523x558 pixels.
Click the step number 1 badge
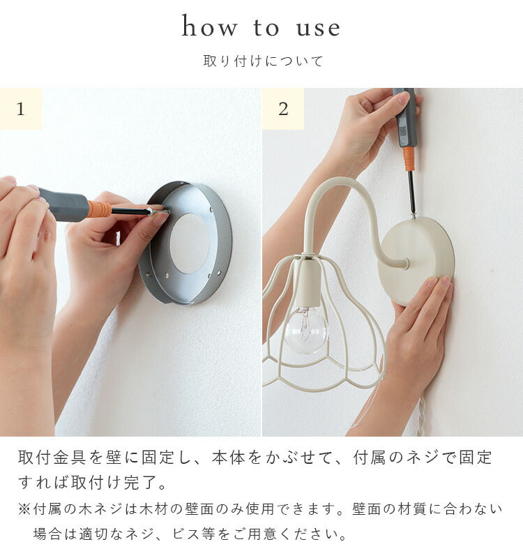tap(21, 109)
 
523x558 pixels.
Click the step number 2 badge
tap(283, 109)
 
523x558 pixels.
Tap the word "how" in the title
tap(209, 27)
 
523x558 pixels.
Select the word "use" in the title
tap(319, 29)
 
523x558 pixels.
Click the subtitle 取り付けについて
tap(263, 61)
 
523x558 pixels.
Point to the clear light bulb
tap(306, 329)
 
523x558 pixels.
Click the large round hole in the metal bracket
tap(190, 243)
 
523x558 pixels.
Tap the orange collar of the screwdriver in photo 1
tap(100, 209)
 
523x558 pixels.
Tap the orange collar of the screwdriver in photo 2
tap(409, 158)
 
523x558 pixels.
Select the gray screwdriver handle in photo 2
tap(404, 117)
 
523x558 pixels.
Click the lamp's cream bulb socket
tap(308, 285)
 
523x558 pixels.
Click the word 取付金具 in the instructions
tap(52, 458)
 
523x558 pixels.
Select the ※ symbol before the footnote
tap(24, 509)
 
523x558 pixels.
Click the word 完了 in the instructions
tap(141, 483)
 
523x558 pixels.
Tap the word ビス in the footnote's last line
tap(186, 534)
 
